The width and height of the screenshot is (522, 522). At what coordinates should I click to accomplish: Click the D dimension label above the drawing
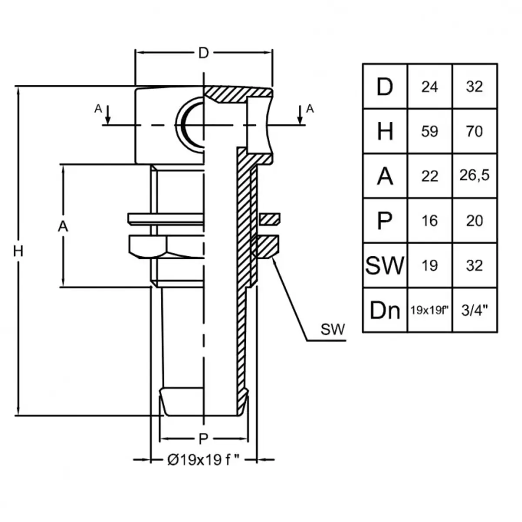click(x=204, y=53)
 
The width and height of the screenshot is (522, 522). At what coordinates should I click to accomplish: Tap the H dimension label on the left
click(x=18, y=251)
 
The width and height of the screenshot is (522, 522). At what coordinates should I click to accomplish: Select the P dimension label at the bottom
click(x=203, y=439)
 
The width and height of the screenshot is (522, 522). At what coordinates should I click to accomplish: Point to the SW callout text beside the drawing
click(x=333, y=329)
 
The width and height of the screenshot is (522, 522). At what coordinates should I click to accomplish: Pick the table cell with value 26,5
click(x=474, y=175)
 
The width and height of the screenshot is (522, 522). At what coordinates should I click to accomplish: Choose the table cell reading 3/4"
click(x=474, y=310)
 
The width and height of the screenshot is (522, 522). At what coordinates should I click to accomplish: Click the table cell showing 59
click(x=429, y=131)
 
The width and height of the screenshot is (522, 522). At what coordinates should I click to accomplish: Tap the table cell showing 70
click(x=474, y=131)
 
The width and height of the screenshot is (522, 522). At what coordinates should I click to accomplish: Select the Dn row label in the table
click(x=385, y=311)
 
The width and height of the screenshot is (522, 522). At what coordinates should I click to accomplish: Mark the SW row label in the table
click(x=385, y=265)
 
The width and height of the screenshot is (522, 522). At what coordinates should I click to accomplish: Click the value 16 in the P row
click(x=429, y=221)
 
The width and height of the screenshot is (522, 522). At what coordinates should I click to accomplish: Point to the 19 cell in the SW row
click(x=429, y=265)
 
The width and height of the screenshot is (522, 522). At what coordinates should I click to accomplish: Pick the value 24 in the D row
click(x=429, y=87)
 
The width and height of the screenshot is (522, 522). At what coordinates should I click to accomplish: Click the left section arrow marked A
click(x=108, y=115)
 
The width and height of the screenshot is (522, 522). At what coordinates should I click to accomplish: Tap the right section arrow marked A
click(x=300, y=115)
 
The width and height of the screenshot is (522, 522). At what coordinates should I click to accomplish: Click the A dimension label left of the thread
click(x=63, y=226)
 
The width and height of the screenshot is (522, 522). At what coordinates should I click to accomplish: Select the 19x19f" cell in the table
click(x=429, y=310)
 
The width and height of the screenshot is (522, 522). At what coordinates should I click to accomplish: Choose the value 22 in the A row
click(x=429, y=176)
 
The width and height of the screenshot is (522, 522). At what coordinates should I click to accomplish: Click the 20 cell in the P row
click(x=474, y=221)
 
